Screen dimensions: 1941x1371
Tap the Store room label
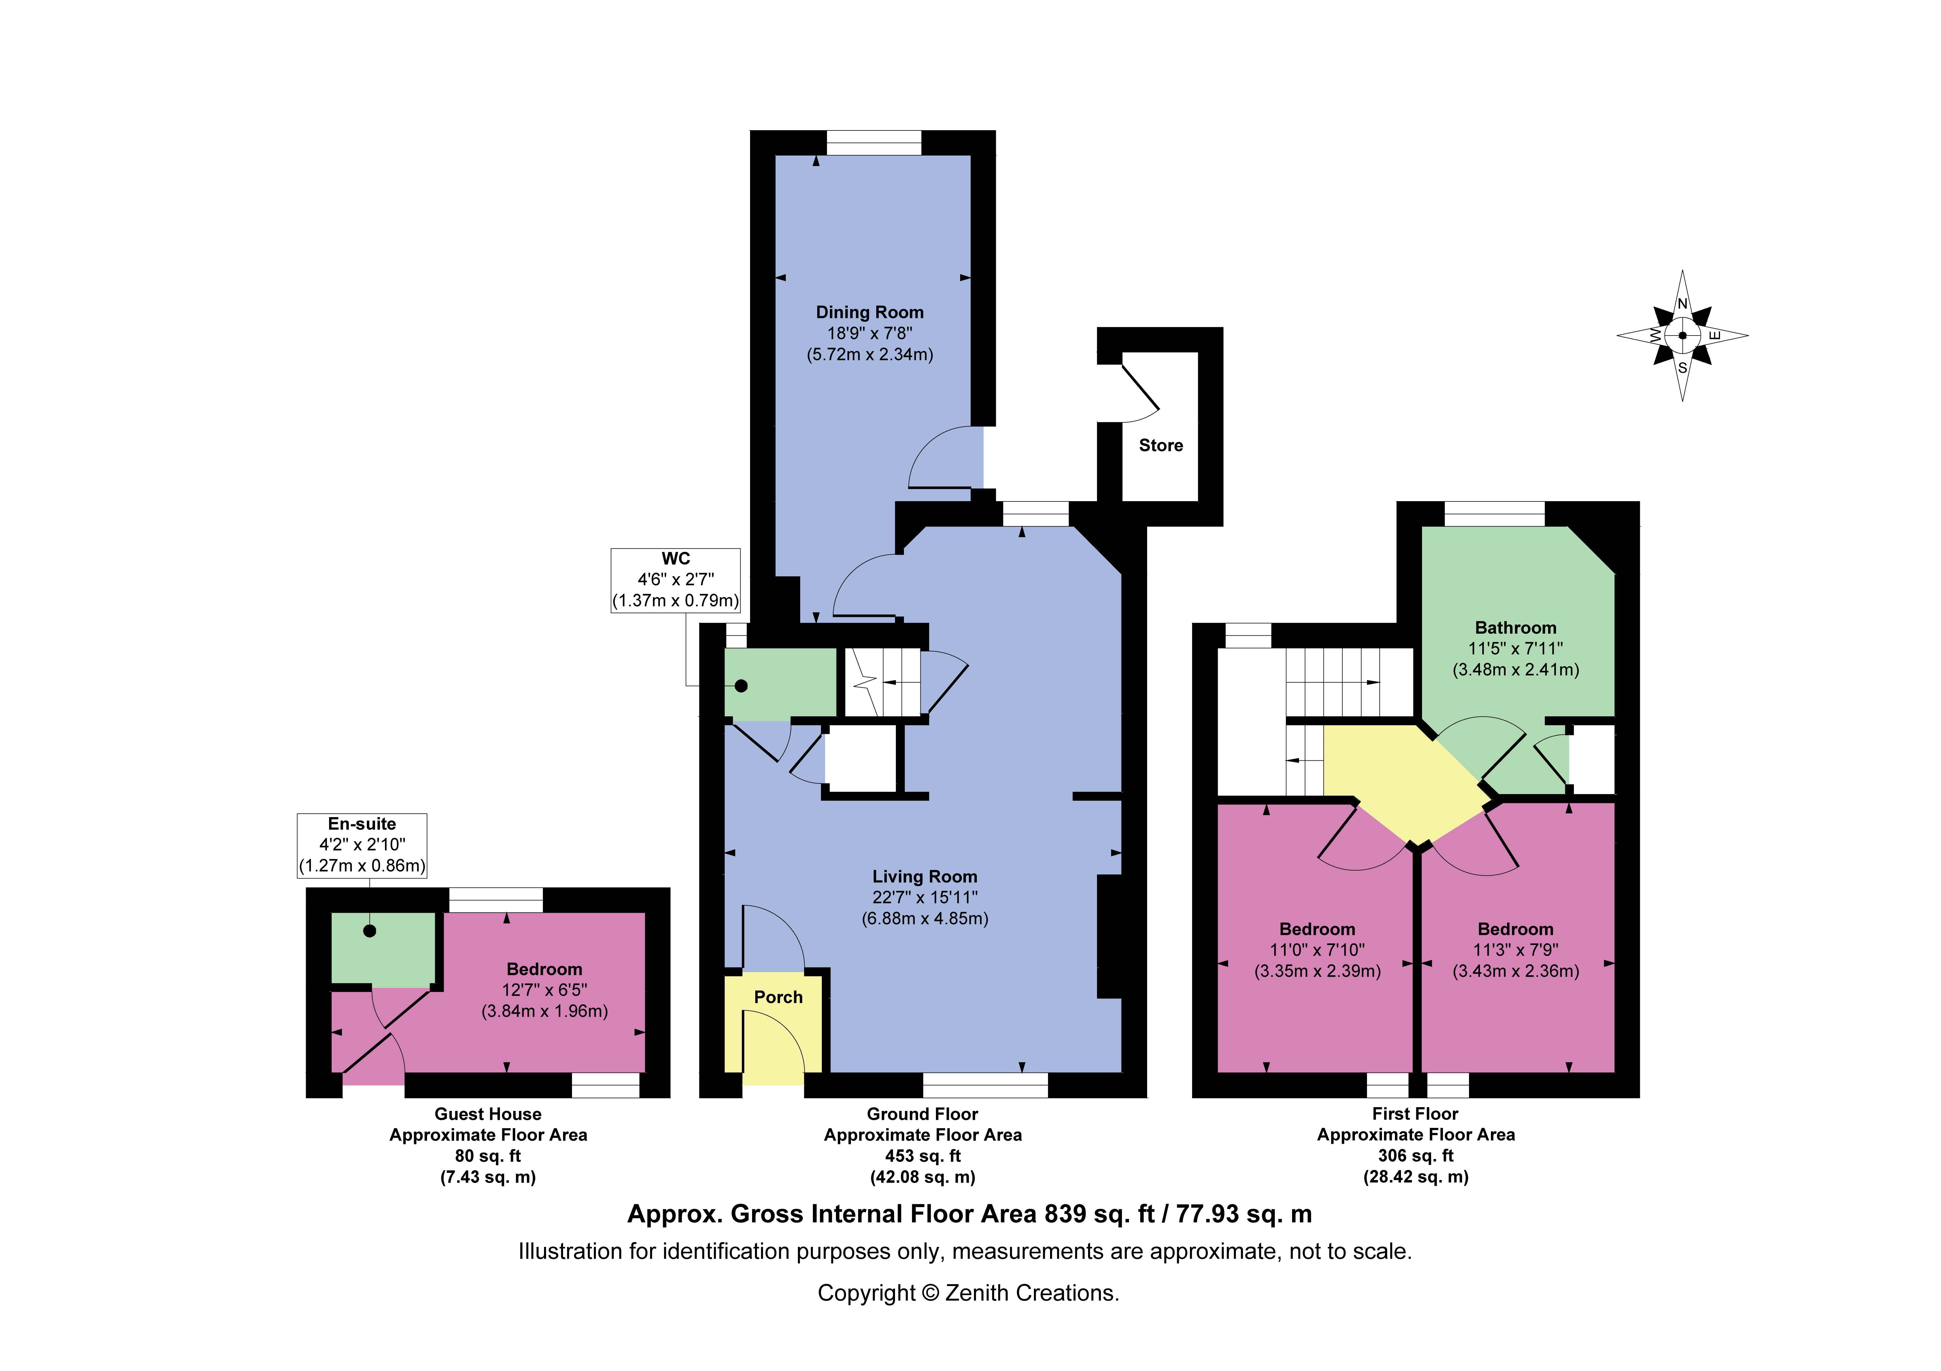1161,446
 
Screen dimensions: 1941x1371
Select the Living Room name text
925,876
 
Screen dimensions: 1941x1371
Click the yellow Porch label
778,997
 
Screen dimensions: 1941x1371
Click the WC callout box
675,580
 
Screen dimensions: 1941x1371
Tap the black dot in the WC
741,686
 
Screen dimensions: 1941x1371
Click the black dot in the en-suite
369,931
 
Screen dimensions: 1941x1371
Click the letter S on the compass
1682,368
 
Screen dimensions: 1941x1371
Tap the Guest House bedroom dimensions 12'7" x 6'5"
544,990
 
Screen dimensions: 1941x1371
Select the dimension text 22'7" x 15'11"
925,898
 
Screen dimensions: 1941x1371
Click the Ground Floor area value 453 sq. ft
922,1156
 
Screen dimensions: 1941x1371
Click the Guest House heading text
488,1114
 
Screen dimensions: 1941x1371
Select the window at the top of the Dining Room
873,143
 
